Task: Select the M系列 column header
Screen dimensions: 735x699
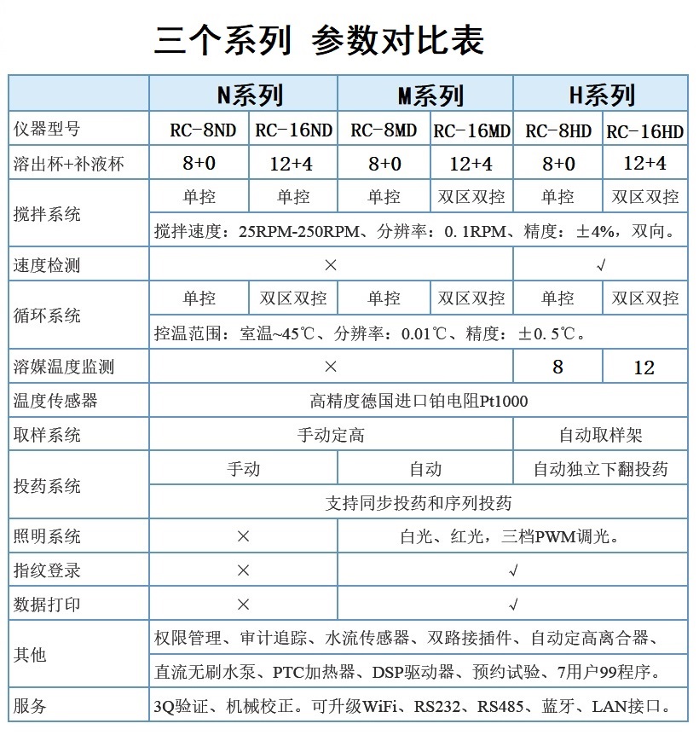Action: (425, 95)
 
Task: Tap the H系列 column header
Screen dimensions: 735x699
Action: (600, 95)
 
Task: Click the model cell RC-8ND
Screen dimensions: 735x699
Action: (199, 130)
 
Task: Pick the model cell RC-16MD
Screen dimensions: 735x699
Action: (471, 130)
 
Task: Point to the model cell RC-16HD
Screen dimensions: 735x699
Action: (644, 130)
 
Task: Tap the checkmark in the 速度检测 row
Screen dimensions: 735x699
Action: (600, 265)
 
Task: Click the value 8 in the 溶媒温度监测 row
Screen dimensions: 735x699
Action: (557, 367)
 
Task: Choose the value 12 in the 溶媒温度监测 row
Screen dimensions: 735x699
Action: (644, 367)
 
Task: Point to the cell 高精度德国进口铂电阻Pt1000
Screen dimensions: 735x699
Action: (418, 401)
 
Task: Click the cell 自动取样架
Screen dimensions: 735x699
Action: (600, 435)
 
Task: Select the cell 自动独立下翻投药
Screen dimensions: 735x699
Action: (600, 469)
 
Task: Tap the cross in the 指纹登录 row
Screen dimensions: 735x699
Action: (243, 570)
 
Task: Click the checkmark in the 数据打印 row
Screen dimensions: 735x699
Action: (513, 605)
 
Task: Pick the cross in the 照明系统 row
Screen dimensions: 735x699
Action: (243, 536)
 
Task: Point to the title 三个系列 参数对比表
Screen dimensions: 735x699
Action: (319, 41)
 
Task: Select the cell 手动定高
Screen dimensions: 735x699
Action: (331, 435)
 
